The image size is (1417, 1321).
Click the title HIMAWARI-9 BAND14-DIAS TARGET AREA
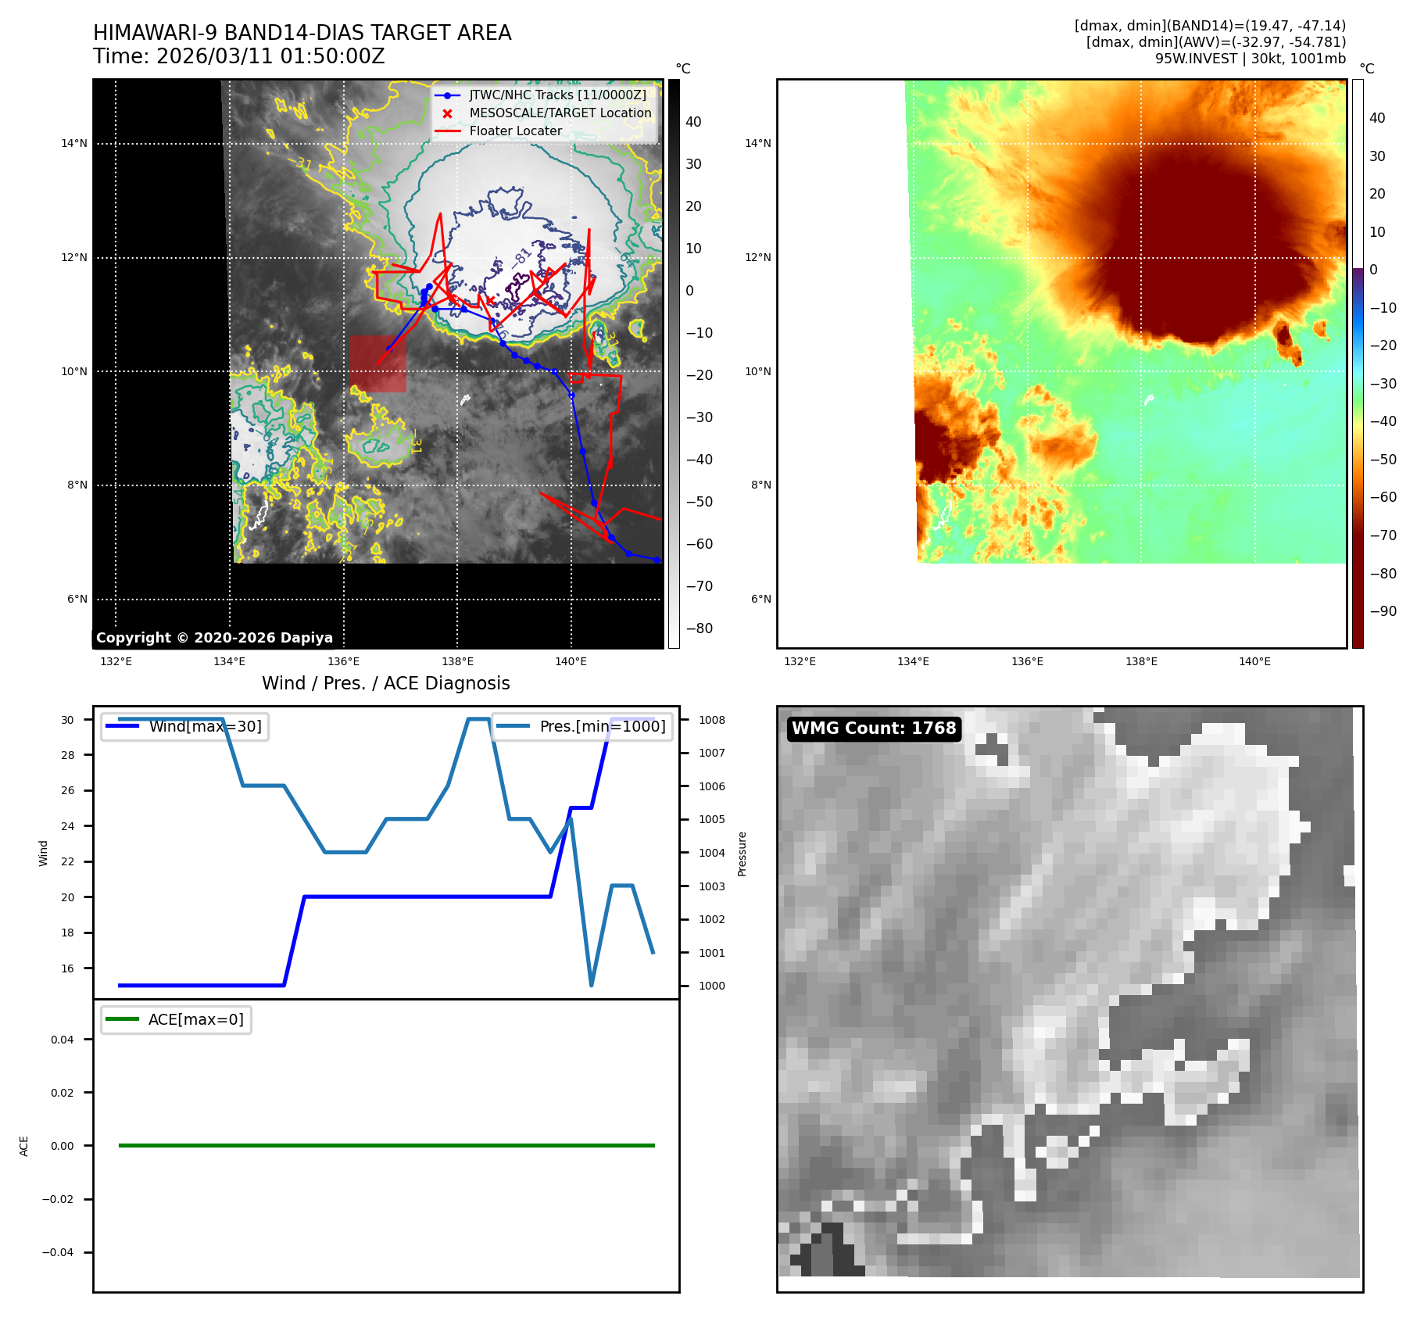[302, 33]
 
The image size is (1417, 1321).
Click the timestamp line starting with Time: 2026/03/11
[238, 56]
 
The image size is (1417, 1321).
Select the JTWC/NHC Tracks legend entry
[557, 95]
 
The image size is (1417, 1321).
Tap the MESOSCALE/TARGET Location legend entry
[560, 113]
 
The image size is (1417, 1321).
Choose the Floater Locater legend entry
[515, 131]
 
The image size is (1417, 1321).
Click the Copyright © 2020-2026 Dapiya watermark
[214, 637]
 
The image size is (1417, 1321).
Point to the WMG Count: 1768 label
[874, 728]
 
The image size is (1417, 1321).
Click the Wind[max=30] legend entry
[205, 726]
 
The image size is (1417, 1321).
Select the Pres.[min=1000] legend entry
[602, 726]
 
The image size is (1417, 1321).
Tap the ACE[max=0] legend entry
[195, 1019]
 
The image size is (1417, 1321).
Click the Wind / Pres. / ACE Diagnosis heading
[385, 683]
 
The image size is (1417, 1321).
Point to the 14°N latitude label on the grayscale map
[74, 143]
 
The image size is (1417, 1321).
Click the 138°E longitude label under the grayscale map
[457, 661]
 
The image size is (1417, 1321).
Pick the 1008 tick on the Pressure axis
[711, 720]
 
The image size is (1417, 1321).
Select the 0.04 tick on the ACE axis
[63, 1040]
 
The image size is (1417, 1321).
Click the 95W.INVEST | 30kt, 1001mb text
[1250, 59]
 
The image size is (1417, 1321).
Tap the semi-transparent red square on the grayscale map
[378, 363]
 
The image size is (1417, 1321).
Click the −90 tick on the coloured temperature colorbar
[1383, 611]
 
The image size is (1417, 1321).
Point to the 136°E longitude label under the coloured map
[1027, 661]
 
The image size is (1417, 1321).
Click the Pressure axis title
[742, 854]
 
